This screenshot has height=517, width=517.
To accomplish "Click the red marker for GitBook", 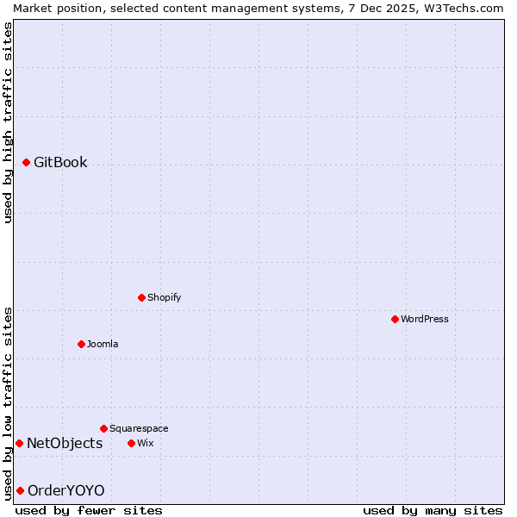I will point(26,162).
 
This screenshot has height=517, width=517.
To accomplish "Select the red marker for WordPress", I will point(395,319).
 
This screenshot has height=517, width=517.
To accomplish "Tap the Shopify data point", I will point(141,297).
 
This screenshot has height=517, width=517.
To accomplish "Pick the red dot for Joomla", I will point(81,344).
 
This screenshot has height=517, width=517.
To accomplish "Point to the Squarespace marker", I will point(103,428).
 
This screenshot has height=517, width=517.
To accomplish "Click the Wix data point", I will point(131,443).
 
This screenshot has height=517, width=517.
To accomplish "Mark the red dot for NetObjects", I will point(19,443).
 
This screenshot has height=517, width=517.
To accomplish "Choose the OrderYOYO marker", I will point(20,490).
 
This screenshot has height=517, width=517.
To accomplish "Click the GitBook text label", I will point(60,162).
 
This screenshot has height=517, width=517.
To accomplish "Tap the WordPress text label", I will point(425,319).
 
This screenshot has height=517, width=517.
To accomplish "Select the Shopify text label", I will point(164,297).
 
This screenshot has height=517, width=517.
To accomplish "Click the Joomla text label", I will point(103,344).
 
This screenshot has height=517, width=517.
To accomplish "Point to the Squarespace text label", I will point(139,428).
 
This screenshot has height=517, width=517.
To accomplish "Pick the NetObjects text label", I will point(65,443).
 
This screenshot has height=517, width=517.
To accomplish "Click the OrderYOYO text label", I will point(66,490).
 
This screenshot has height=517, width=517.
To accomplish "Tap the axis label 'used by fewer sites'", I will point(89,510).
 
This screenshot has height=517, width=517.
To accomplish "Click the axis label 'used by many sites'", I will point(432,510).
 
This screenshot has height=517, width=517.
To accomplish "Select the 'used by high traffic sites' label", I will point(8,122).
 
